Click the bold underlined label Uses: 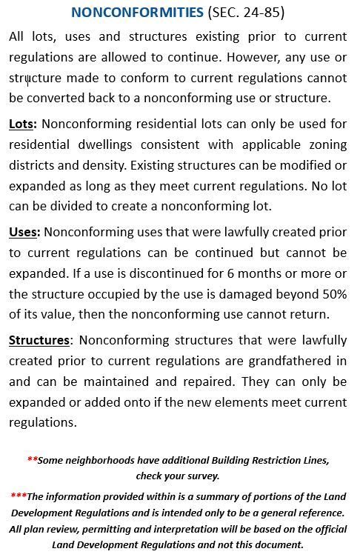point(24,233)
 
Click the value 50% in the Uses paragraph point(332,294)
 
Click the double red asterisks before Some point(32,459)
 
